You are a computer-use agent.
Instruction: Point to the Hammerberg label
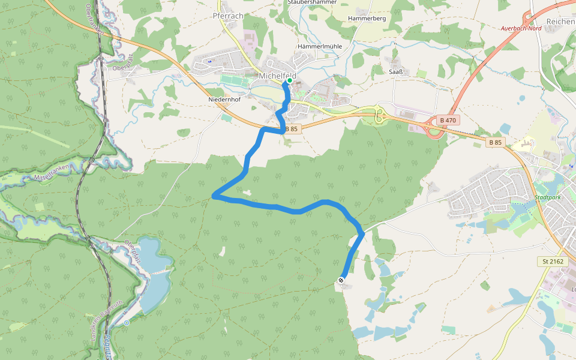coord(367,19)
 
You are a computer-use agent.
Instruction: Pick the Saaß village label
coord(395,72)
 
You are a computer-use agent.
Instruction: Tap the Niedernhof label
coord(224,99)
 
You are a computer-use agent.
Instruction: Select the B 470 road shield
coord(448,121)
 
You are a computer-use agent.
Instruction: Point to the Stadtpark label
coord(547,197)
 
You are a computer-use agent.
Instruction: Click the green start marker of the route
coord(289,80)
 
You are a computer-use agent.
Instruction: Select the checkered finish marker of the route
coord(341,280)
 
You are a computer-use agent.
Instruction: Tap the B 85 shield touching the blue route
coord(292,129)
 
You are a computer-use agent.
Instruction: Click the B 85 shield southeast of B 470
coord(495,142)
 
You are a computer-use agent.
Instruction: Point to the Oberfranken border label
coord(92,18)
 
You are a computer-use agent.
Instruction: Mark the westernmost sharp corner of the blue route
coord(214,195)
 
